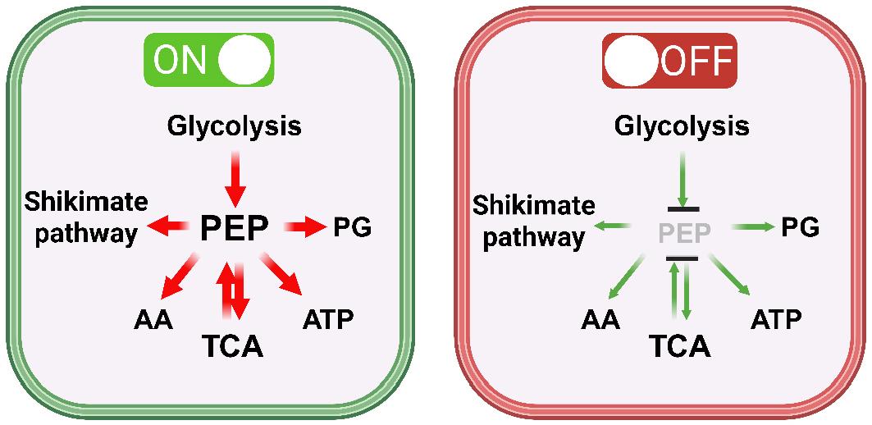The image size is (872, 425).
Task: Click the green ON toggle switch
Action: [208, 62]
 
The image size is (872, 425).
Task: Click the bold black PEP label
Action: [234, 229]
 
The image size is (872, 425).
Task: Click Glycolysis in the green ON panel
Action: [234, 126]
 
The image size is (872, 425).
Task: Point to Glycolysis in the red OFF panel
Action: [682, 126]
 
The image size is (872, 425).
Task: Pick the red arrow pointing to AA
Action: [180, 276]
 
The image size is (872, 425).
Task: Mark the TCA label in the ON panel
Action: [233, 345]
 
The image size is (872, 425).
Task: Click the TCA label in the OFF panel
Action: [680, 345]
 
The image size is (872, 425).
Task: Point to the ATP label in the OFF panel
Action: [775, 318]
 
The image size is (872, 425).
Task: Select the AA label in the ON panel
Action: [153, 319]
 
